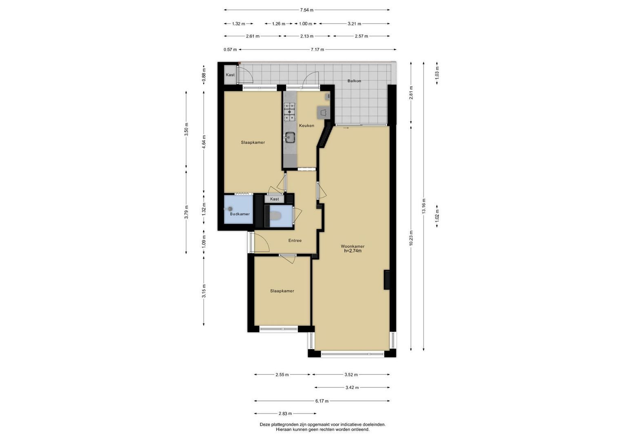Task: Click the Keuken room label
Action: tap(306, 125)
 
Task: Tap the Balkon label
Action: tap(354, 81)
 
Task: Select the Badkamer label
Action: tap(240, 214)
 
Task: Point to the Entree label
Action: tap(295, 240)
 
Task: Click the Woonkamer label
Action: tap(353, 246)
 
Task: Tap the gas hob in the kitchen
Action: tap(289, 112)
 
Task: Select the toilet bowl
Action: tap(275, 216)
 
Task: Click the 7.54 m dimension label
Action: tap(306, 10)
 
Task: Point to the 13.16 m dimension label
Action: tap(423, 206)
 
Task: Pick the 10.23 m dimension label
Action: tap(411, 238)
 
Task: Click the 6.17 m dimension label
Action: tap(322, 401)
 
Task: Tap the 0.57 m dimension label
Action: tap(230, 50)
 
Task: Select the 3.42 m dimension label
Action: tap(352, 387)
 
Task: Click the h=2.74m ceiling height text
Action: tap(353, 251)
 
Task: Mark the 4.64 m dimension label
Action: tap(204, 142)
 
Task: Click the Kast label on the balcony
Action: tap(230, 75)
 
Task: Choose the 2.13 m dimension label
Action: tap(307, 36)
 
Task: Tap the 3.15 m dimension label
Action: tap(204, 291)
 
